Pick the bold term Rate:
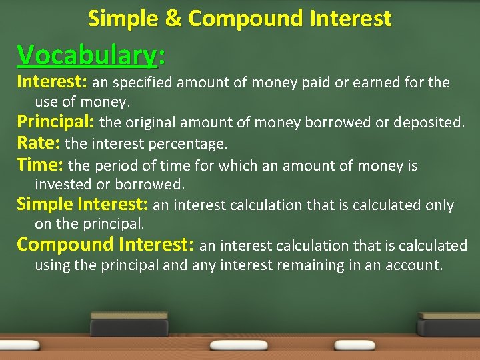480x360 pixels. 38,143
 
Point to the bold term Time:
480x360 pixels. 40,165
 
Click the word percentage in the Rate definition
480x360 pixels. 193,144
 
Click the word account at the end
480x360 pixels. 416,265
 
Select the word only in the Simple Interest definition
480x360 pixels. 438,205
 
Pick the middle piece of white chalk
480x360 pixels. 239,345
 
